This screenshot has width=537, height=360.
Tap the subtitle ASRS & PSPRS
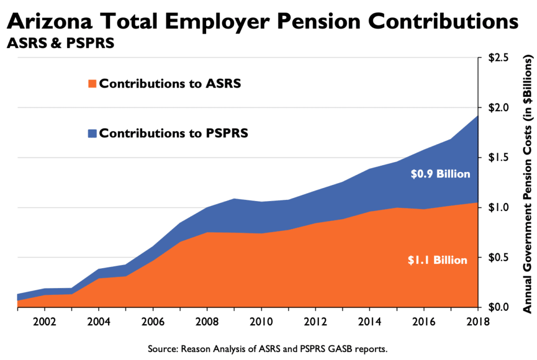60,44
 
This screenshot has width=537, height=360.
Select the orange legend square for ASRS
93,84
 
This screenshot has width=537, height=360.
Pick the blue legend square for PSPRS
93,133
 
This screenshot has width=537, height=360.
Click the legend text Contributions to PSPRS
174,133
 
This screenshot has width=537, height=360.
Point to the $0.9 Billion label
441,174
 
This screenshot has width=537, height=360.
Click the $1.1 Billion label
438,259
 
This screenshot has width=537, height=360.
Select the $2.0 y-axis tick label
499,108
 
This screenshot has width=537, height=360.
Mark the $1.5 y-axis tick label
499,157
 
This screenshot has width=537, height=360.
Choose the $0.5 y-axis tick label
499,258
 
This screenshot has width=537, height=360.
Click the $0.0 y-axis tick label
499,307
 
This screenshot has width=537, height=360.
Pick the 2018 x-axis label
477,321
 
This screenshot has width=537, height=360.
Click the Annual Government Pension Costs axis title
527,184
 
